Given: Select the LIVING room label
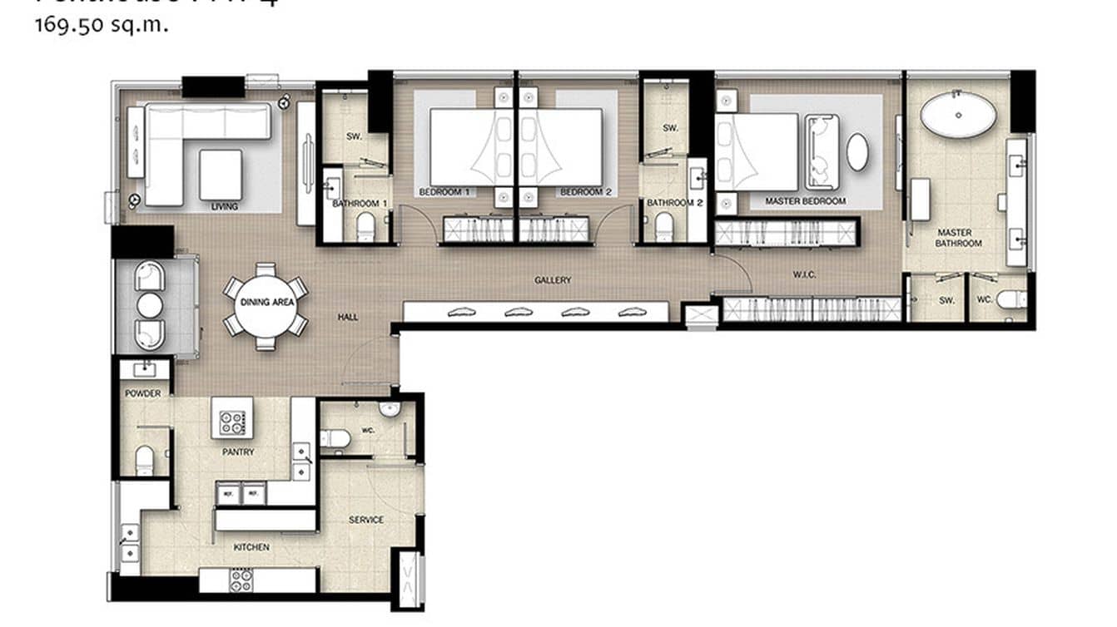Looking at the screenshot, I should [225, 206].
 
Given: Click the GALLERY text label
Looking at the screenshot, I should [553, 280].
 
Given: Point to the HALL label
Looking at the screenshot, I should [348, 317].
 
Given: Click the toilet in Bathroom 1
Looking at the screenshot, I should [366, 226].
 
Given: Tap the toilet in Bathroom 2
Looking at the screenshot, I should [663, 226].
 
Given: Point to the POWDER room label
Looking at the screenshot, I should [143, 393].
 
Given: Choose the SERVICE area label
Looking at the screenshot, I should [366, 520].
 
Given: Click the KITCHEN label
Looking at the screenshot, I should [251, 547].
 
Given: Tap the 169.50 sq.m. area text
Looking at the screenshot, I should [102, 25].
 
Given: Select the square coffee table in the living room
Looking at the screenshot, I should [221, 174].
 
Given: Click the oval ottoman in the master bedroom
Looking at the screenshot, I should [857, 152].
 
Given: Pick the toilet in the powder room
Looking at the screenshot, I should [145, 460].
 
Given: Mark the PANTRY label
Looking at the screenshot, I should [238, 452].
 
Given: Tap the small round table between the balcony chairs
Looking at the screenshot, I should [150, 306].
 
